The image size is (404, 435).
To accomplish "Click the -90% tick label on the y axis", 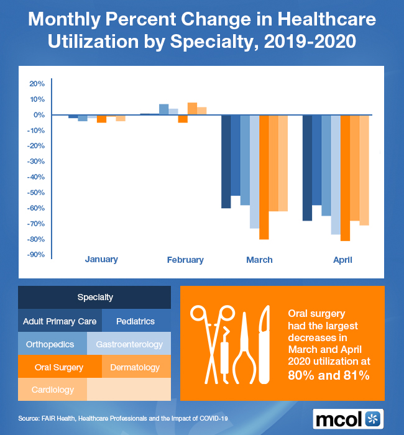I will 36,254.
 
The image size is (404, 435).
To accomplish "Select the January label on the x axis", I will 101,259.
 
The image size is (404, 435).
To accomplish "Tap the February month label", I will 185,260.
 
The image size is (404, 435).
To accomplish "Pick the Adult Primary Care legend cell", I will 60,322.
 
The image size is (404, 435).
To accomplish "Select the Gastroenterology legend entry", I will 129,344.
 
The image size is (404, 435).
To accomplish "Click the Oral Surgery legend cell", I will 59,367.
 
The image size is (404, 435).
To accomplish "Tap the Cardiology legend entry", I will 53,390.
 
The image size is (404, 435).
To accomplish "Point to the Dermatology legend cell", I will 135,367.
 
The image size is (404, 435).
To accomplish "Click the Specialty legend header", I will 95,297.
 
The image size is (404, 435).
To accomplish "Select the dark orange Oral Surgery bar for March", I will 264,177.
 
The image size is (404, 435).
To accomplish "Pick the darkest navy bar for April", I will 307,168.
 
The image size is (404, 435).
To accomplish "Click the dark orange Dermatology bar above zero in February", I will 192,109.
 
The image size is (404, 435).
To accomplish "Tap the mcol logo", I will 349,418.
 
